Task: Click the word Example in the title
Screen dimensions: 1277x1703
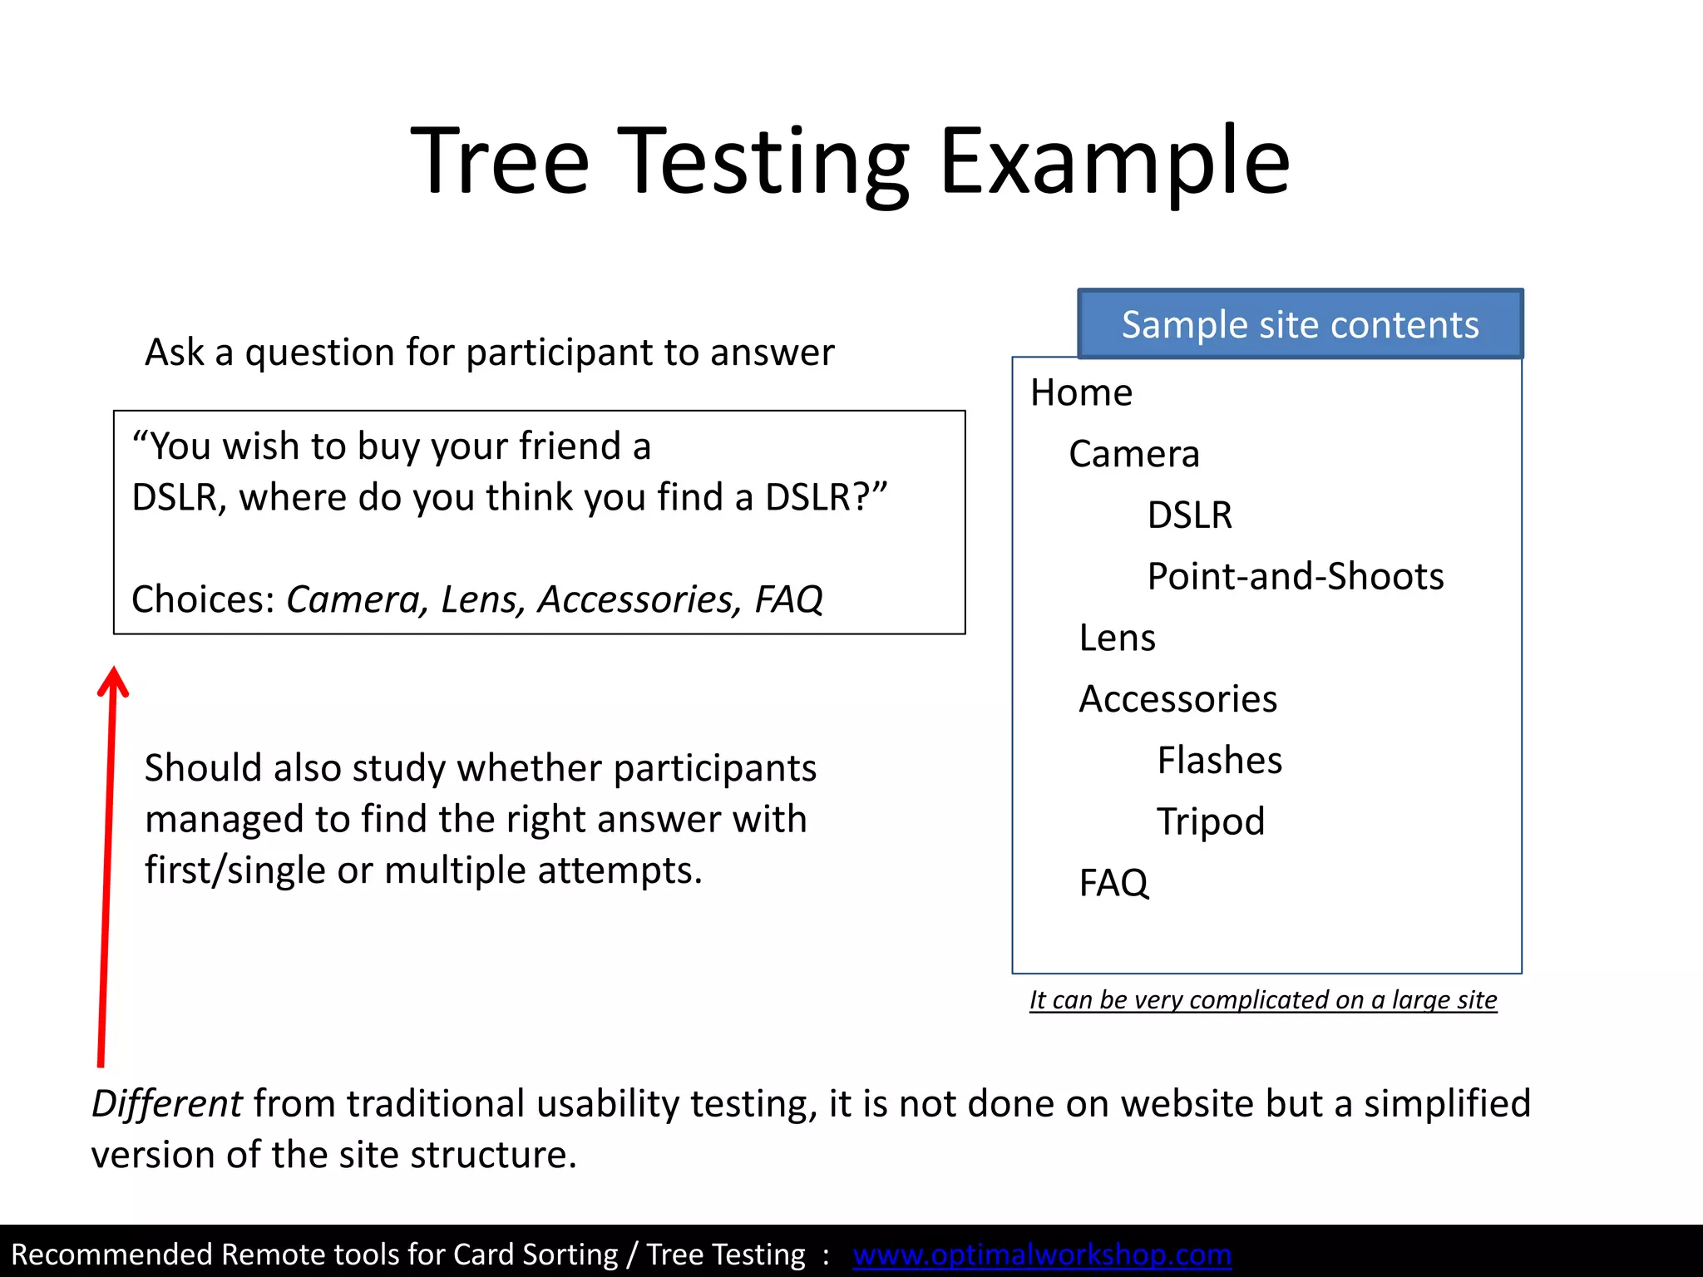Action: (1114, 162)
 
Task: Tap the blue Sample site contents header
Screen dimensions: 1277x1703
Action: (1300, 324)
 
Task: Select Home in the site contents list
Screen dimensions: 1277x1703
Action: (1081, 392)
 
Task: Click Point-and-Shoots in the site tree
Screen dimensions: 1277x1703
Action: (1295, 576)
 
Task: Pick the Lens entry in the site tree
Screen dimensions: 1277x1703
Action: (1117, 638)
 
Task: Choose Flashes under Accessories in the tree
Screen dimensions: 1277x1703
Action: (1219, 760)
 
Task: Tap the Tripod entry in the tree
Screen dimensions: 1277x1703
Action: (1210, 821)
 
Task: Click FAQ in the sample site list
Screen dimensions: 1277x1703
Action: (1113, 883)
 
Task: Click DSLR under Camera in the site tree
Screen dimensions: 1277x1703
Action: (1189, 515)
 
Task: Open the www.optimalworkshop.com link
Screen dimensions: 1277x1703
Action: (1041, 1254)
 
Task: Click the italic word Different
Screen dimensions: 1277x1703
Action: (166, 1104)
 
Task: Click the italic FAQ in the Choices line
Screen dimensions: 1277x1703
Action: (787, 599)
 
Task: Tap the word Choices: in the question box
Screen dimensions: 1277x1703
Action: (203, 599)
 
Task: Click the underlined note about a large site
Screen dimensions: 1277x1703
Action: (1262, 999)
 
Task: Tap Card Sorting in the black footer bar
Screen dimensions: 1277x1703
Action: (524, 1254)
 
